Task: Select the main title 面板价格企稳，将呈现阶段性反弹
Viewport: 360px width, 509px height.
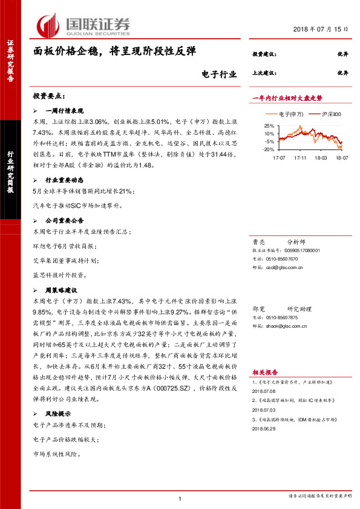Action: [115, 53]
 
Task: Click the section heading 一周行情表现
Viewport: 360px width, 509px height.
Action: [64, 111]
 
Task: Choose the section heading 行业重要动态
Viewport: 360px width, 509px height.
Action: [64, 180]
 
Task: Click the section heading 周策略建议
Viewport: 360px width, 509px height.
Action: [61, 289]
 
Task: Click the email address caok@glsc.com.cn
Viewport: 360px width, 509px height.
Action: [284, 267]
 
